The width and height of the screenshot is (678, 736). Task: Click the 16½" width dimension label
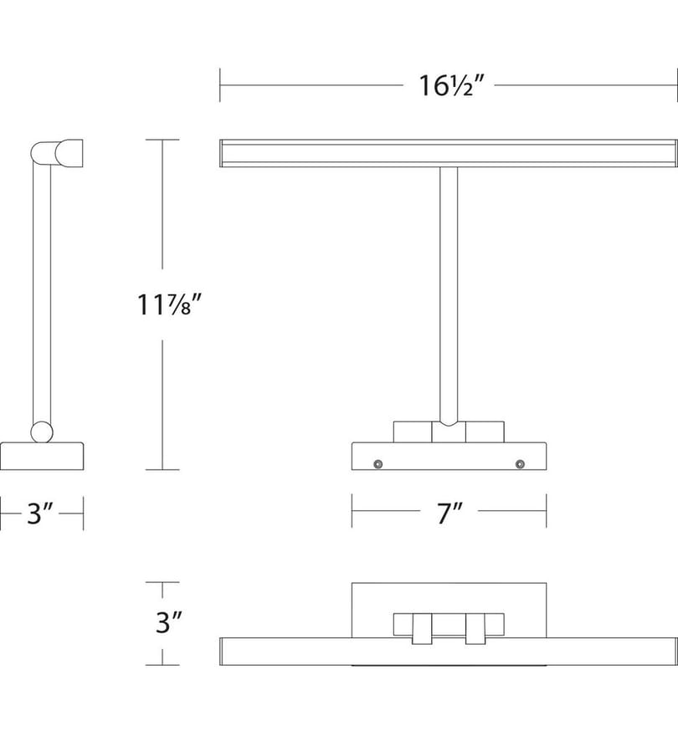pyautogui.click(x=450, y=86)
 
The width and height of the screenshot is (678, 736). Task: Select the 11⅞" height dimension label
pyautogui.click(x=169, y=304)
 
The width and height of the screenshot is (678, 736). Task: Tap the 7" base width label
pyautogui.click(x=449, y=513)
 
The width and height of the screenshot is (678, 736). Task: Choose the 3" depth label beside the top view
pyautogui.click(x=168, y=622)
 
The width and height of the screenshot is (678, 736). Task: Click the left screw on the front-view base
pyautogui.click(x=378, y=464)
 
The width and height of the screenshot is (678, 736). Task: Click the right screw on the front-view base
pyautogui.click(x=520, y=464)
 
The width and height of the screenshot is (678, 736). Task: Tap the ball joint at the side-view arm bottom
pyautogui.click(x=42, y=432)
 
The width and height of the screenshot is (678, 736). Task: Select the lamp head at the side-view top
pyautogui.click(x=57, y=153)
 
